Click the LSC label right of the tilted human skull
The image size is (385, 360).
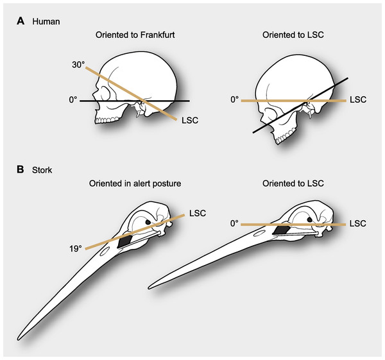[x=357, y=101]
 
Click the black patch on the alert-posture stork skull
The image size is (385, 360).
[x=124, y=240]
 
